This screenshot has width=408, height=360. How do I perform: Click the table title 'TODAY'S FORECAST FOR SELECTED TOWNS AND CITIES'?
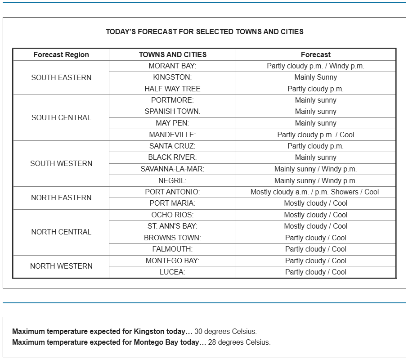pos(204,32)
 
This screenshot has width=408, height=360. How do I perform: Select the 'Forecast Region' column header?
pos(61,55)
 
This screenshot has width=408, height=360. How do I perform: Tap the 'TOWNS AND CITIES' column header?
pos(173,55)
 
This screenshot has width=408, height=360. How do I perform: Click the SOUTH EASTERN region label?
pos(61,77)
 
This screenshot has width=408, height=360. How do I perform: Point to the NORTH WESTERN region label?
pos(61,266)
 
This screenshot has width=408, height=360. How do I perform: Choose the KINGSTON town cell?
pos(172,77)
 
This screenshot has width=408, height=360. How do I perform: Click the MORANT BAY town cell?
pos(172,66)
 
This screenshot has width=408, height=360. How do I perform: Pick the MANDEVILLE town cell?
pos(172,135)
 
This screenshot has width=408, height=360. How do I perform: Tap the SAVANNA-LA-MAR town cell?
pos(172,169)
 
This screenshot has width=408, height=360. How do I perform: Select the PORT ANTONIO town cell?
pos(172,192)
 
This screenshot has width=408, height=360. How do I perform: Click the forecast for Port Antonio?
pos(315,192)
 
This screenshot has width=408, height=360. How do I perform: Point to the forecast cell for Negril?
pos(315,181)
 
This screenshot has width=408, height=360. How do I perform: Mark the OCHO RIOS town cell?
pos(172,215)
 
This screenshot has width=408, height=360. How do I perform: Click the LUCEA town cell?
pos(172,272)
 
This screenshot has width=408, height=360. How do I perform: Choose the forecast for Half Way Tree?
pos(315,89)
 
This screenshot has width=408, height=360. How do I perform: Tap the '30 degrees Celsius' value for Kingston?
pos(225,332)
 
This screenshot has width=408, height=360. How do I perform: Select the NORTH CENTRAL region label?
pos(61,232)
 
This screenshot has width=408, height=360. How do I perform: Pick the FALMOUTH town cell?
pos(172,249)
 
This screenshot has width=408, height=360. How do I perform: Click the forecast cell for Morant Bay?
pos(315,66)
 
